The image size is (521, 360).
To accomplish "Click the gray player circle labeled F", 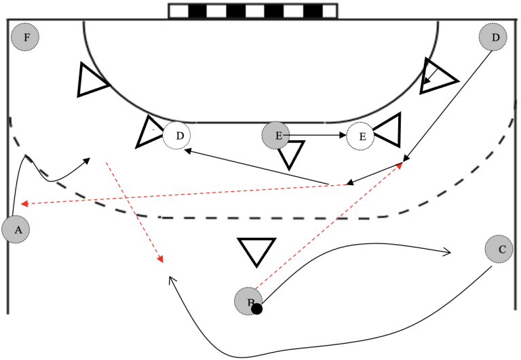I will [26, 37].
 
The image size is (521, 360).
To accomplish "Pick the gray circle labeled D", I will [495, 37].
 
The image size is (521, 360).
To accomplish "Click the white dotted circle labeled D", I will [177, 136].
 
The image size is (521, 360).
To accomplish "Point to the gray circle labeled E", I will [277, 136].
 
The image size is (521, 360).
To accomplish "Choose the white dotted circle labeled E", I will [362, 136].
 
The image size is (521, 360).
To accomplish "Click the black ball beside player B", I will [256, 309].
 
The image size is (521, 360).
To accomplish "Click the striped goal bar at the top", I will [252, 11].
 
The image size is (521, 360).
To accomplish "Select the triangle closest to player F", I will [90, 81].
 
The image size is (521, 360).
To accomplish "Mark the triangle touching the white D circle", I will [150, 132].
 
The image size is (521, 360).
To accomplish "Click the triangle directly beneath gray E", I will [290, 154].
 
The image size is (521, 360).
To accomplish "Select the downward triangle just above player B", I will [256, 250].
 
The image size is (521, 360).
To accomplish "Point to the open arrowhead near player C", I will [446, 252].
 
